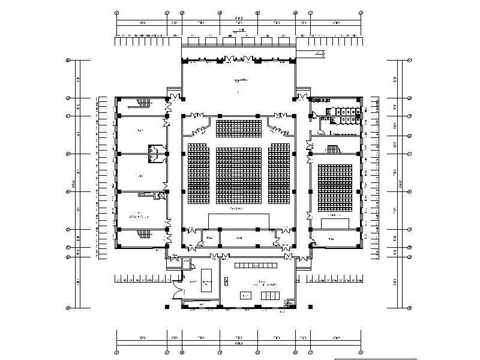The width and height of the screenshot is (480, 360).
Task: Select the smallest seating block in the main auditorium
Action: click(x=238, y=128)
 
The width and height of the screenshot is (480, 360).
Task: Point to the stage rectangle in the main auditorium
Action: click(x=239, y=220)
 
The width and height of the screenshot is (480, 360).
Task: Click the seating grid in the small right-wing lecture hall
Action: click(x=335, y=188)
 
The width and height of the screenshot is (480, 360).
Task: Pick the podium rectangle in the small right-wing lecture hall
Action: click(x=334, y=223)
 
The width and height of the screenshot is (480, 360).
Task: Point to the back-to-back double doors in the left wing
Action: click(x=155, y=152)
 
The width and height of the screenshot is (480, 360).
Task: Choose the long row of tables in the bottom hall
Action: click(x=256, y=264)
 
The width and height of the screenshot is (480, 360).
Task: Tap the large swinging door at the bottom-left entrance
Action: click(x=176, y=290)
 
